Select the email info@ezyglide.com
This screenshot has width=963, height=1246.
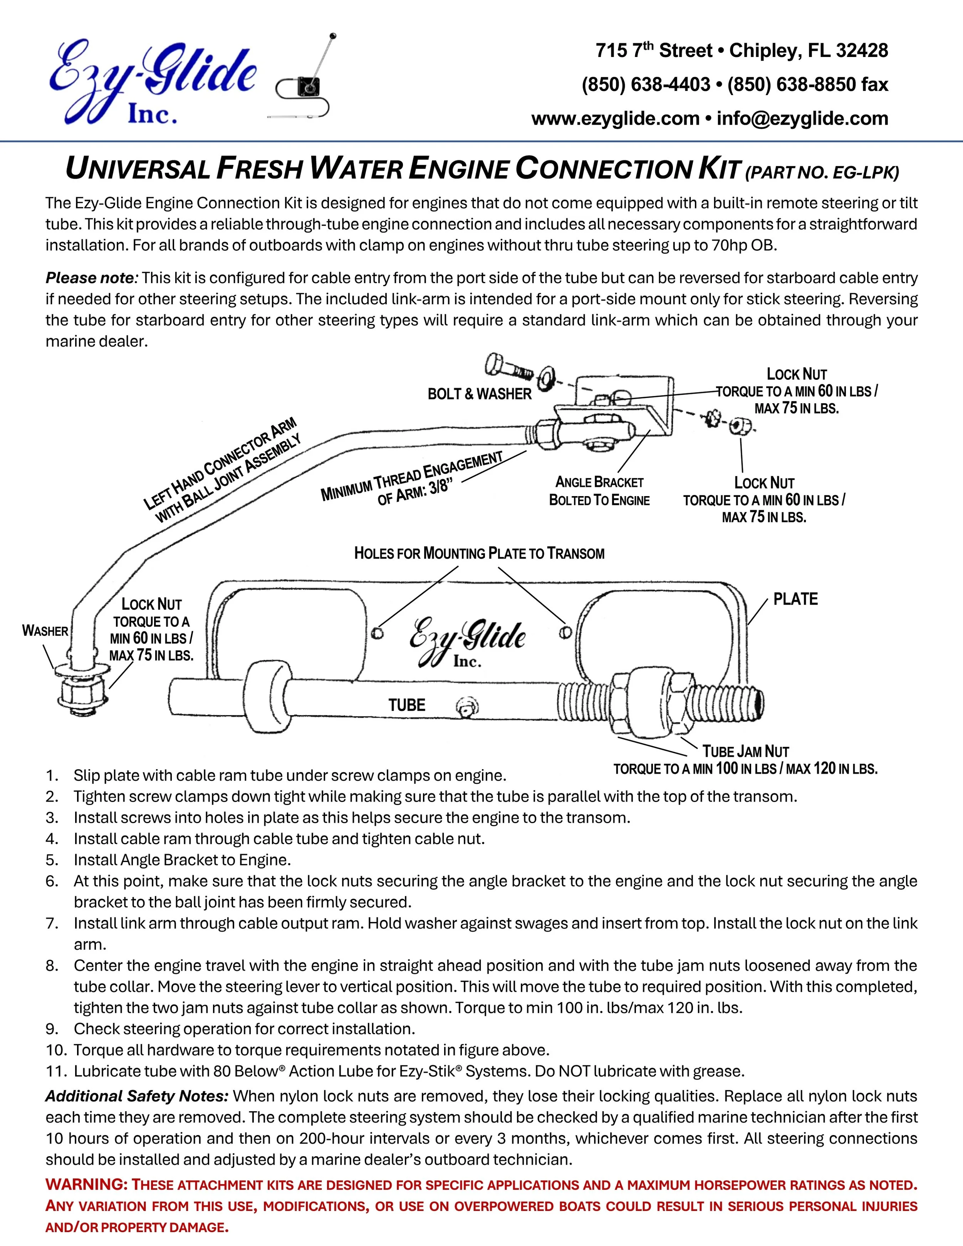click(x=802, y=119)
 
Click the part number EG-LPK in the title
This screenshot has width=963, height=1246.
click(x=865, y=172)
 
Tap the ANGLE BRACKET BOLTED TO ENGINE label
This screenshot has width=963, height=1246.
click(x=599, y=491)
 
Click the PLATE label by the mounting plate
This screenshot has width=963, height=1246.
click(x=795, y=599)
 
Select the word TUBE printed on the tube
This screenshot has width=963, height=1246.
click(x=407, y=705)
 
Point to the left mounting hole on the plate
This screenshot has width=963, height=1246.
click(x=377, y=633)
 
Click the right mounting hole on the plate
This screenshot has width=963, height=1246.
click(x=565, y=632)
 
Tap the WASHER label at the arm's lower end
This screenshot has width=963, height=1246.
click(x=45, y=631)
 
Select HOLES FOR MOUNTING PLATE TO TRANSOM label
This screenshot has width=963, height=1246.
click(x=479, y=553)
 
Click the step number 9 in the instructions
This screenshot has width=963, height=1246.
click(x=52, y=1029)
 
